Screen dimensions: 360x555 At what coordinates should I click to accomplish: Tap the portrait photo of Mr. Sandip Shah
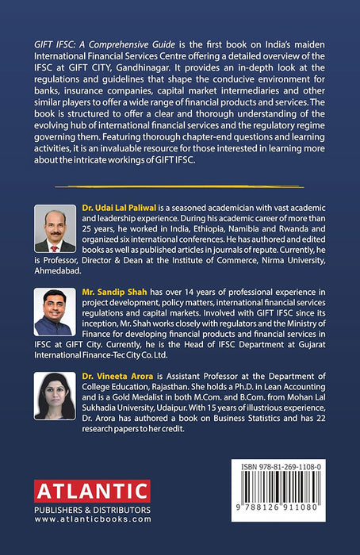pos(55,313)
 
